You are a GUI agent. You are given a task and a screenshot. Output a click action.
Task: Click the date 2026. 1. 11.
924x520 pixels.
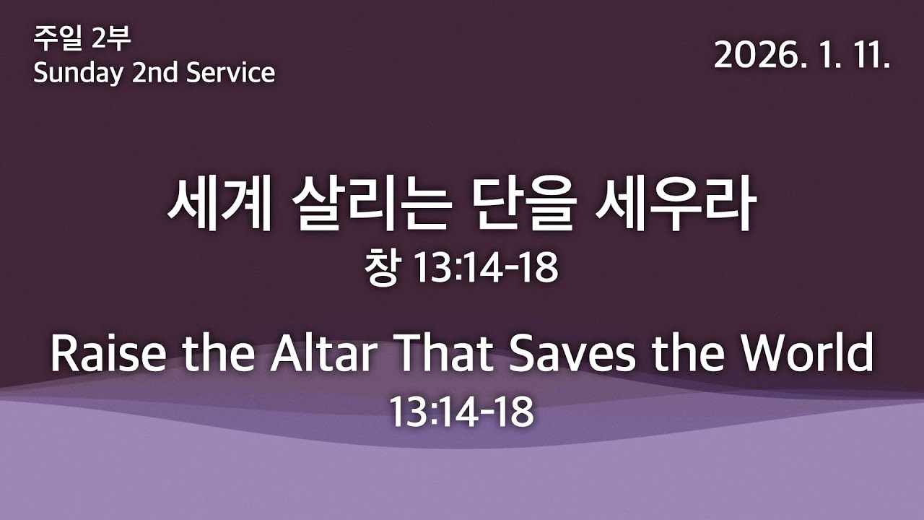click(x=801, y=55)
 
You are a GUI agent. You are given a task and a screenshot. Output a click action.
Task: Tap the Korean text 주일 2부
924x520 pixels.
click(x=82, y=38)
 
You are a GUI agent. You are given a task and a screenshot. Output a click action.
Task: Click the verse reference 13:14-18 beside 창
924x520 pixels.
click(x=485, y=269)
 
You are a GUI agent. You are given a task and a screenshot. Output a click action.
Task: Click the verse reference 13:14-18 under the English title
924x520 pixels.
click(x=462, y=412)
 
